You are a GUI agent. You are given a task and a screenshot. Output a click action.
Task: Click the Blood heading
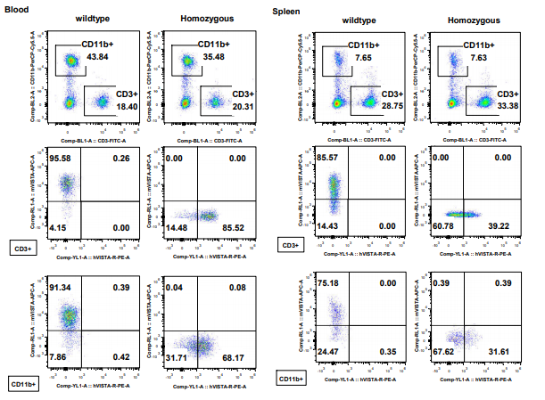tap(18, 9)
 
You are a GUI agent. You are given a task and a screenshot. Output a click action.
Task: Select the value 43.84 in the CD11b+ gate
tap(99, 57)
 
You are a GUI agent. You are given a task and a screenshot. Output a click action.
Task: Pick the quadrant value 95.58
tap(61, 158)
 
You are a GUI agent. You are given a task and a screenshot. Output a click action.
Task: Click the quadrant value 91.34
tap(61, 288)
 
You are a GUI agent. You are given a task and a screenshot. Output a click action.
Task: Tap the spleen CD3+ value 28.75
tap(393, 105)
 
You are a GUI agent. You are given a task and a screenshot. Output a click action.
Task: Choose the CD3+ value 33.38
tap(507, 105)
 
